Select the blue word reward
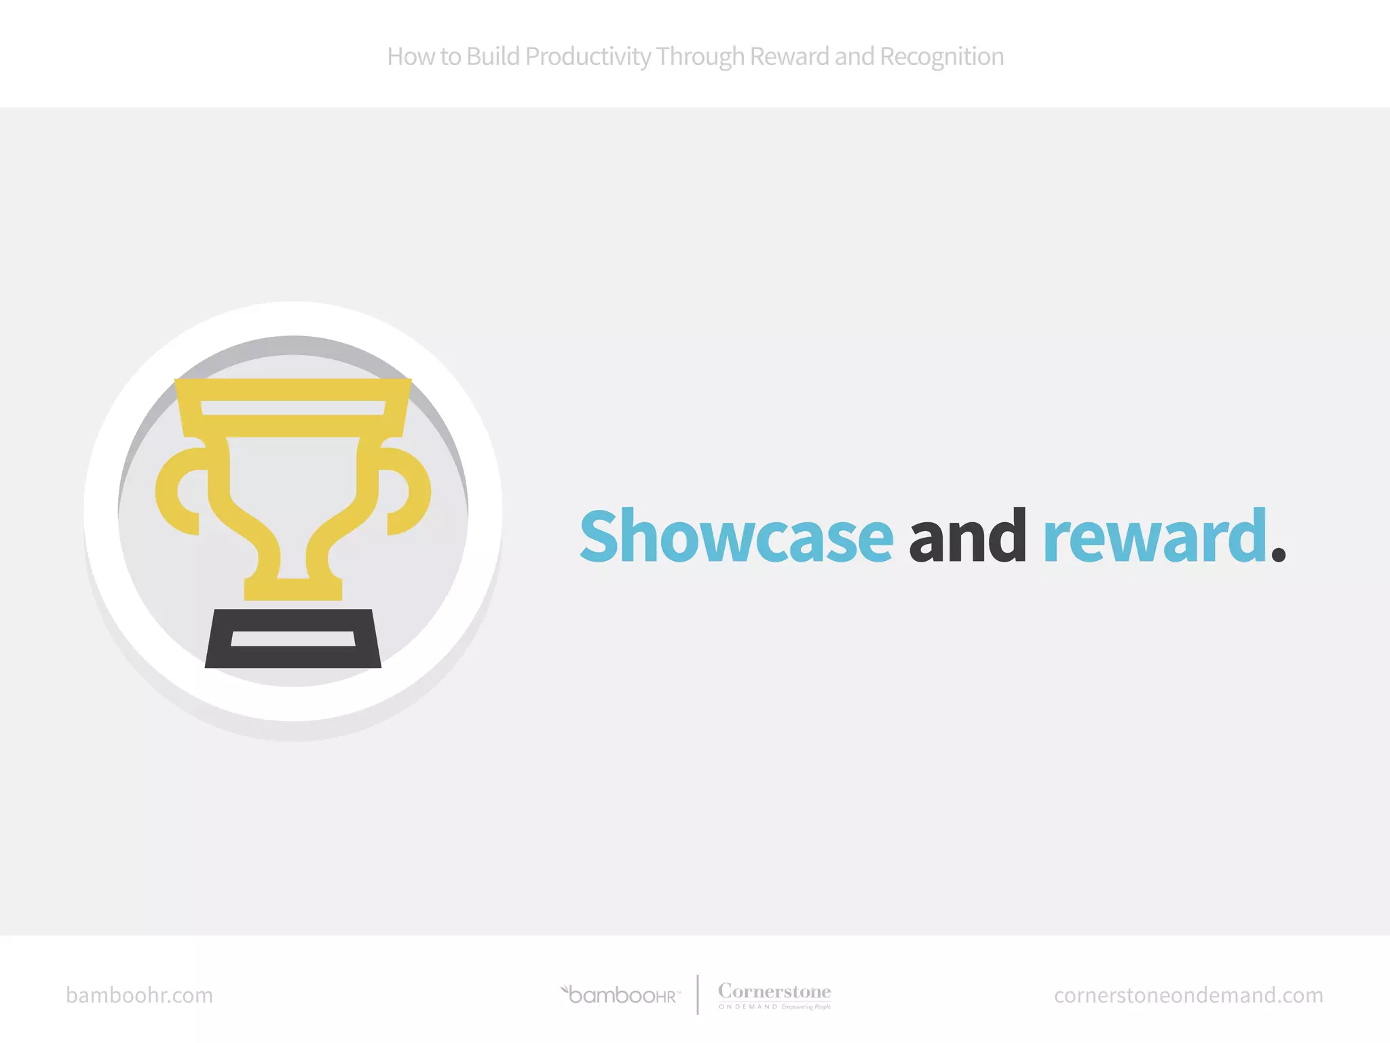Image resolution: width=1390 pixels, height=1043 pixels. click(x=1154, y=538)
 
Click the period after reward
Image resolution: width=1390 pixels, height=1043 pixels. click(x=1278, y=554)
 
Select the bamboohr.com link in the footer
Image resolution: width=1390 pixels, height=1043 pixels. click(x=139, y=995)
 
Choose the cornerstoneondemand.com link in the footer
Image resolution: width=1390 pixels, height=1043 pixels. click(x=1188, y=995)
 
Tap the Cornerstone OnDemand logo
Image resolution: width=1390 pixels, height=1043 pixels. click(x=774, y=995)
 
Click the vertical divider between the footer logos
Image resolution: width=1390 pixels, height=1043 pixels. click(x=698, y=995)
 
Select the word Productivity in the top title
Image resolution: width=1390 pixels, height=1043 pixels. click(x=588, y=57)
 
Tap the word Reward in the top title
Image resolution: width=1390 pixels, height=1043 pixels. click(x=789, y=57)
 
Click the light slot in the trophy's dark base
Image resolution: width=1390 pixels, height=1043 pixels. click(x=293, y=639)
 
